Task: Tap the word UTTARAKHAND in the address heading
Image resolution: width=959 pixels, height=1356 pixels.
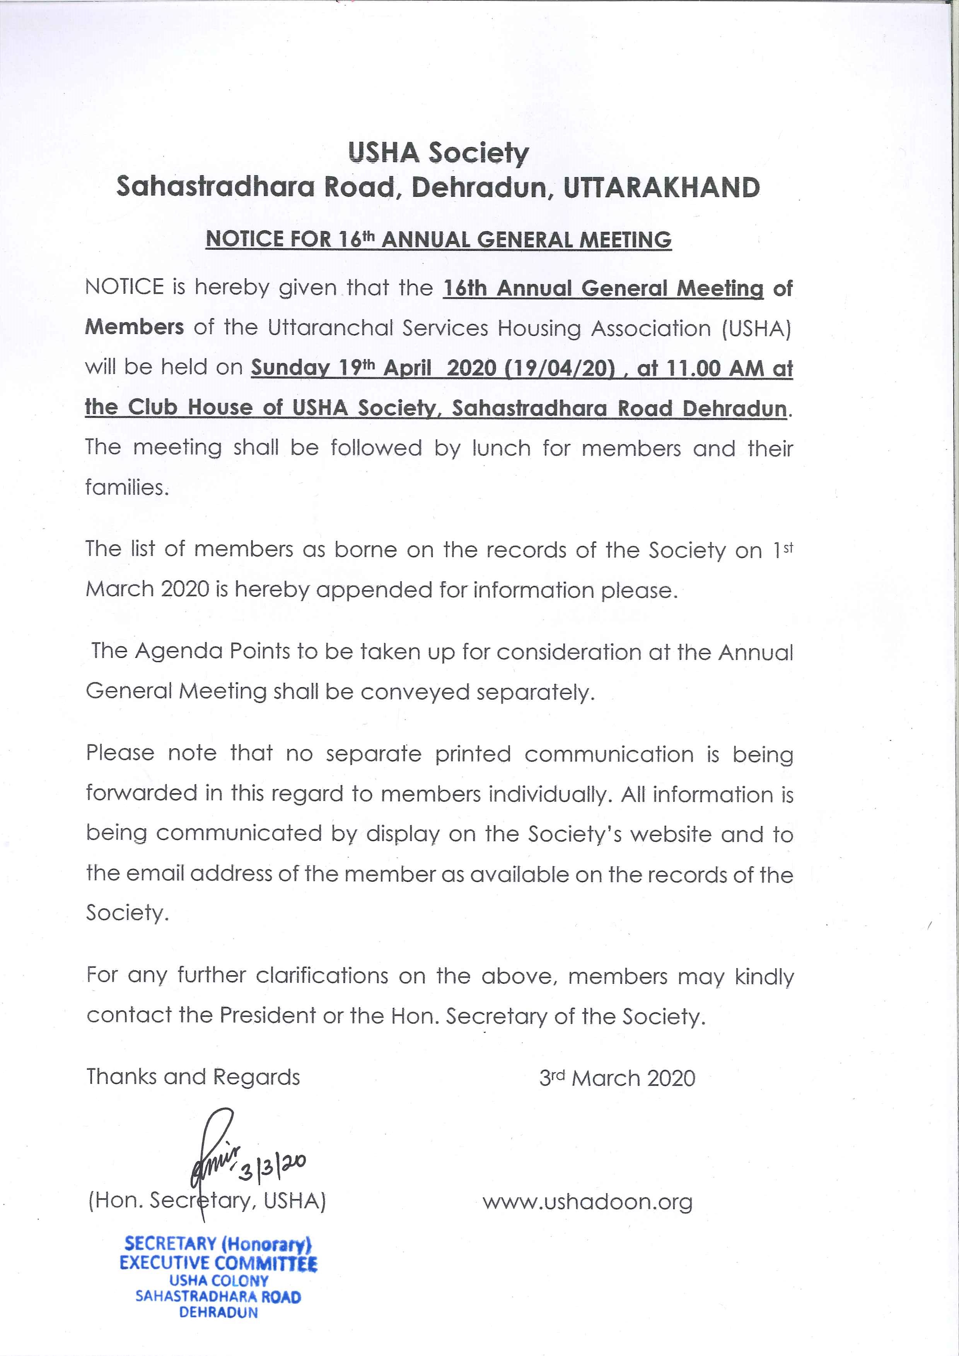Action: pyautogui.click(x=661, y=188)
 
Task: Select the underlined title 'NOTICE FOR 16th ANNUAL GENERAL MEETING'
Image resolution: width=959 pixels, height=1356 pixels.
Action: pyautogui.click(x=439, y=239)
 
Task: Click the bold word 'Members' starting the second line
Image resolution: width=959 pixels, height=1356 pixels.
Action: pyautogui.click(x=135, y=327)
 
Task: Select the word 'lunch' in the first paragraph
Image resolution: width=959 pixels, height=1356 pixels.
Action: pyautogui.click(x=501, y=448)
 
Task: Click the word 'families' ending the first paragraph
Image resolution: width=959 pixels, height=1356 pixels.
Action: pyautogui.click(x=126, y=487)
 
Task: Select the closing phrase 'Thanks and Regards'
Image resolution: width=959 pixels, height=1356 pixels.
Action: pyautogui.click(x=193, y=1077)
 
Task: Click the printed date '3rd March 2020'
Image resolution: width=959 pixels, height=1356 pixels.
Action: pyautogui.click(x=617, y=1078)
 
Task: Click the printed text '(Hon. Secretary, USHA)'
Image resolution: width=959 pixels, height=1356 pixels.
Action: pyautogui.click(x=207, y=1201)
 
